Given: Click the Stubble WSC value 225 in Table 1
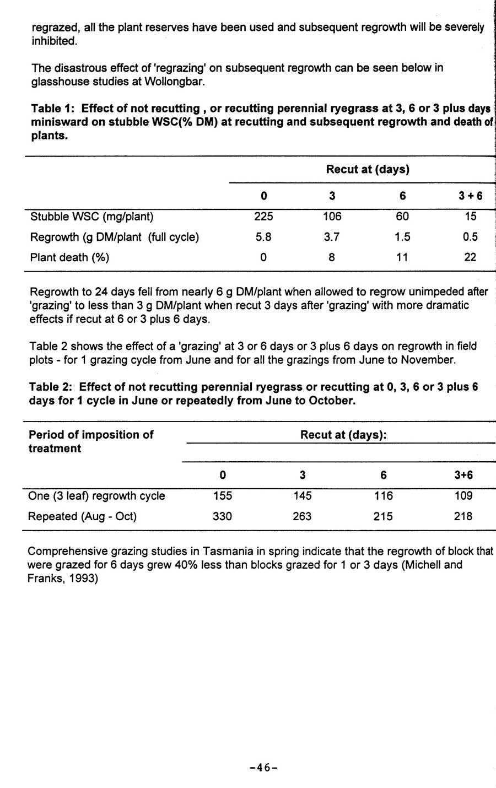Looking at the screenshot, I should pos(263,217).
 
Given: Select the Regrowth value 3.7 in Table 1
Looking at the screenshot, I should pos(332,237).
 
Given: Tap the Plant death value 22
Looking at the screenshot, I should pos(470,257).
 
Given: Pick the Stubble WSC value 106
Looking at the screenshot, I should pos(332,217).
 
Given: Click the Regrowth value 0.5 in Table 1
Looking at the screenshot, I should pos(470,237).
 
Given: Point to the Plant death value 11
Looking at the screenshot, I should pos(402,257).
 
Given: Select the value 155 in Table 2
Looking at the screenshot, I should pos(223,496).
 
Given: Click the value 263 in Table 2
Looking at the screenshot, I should pos(302,516).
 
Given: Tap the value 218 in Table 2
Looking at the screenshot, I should pos(463,516).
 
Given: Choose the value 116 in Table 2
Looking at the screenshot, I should pos(383,496).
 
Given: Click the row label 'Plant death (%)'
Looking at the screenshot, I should pos(69,257).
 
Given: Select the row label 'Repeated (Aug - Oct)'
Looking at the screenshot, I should pos(82,516).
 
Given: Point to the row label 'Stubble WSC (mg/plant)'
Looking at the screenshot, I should pos(91,217).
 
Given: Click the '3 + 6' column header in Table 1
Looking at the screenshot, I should pos(470,196).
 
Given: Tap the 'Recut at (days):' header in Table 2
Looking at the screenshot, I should pos(343,435).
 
